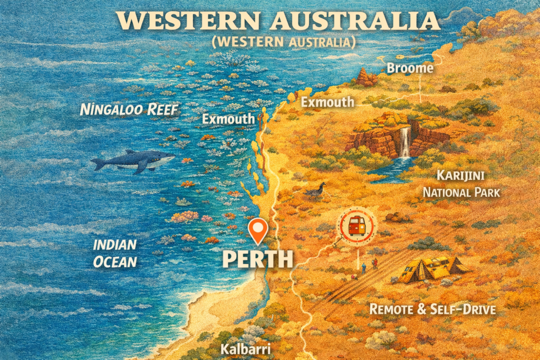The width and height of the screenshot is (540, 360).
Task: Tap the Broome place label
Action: click(410, 68)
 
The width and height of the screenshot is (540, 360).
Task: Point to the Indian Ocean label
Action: click(115, 253)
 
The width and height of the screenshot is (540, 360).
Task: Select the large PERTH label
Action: click(257, 259)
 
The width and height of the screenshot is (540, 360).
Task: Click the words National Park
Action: click(461, 192)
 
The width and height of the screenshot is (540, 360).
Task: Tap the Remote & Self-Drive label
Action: click(432, 309)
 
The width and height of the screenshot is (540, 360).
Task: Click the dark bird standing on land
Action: click(317, 190)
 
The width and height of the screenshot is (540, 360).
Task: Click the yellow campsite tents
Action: click(430, 269)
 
